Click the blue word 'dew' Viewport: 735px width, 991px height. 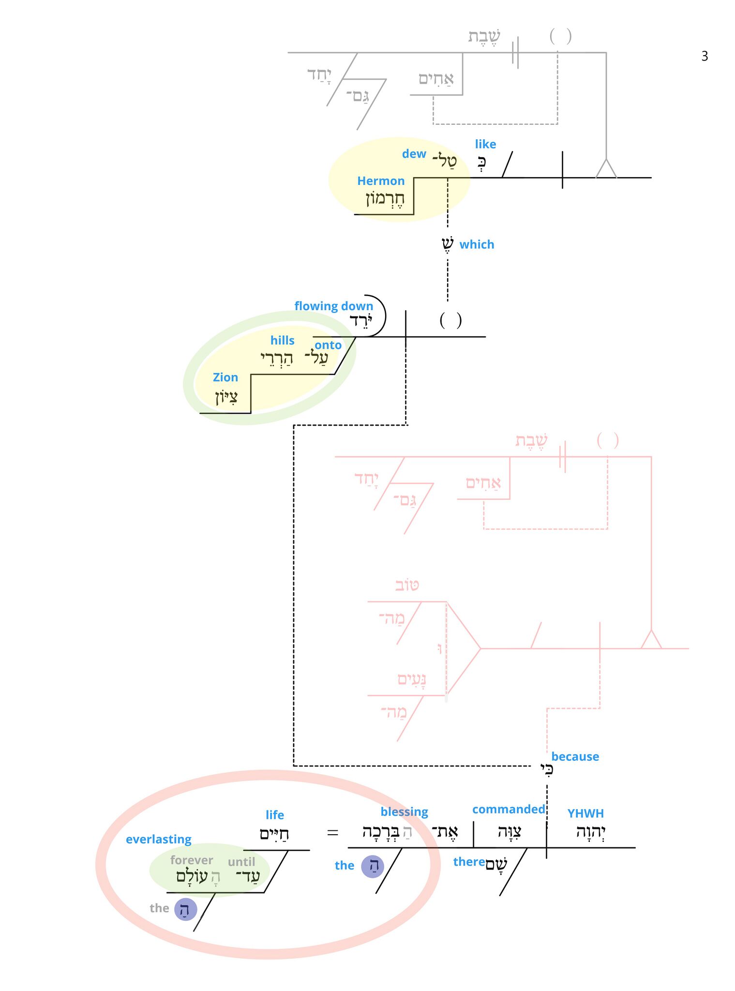pos(414,154)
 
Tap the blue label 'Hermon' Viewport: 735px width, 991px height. pos(381,181)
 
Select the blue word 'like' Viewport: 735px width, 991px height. pos(485,144)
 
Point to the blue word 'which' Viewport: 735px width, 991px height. pos(477,244)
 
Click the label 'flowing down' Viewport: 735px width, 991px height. pos(334,306)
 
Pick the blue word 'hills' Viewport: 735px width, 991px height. pos(283,341)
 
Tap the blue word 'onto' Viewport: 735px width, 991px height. pos(328,345)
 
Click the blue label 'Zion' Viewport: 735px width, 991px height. pos(225,377)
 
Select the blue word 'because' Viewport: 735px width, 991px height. pos(575,757)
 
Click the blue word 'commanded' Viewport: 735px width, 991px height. pos(509,810)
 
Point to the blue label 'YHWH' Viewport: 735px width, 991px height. pos(585,813)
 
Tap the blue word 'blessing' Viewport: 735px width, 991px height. pos(404,812)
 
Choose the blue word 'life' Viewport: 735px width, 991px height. pos(275,815)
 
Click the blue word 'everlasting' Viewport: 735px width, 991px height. pos(159,840)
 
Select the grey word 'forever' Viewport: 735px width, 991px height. pos(192,860)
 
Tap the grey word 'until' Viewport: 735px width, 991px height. pos(241,862)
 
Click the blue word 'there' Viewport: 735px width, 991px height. pos(469,862)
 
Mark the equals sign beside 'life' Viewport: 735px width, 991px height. pos(332,833)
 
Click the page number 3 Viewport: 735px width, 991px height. pos(705,56)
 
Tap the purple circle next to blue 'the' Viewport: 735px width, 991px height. pos(373,866)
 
